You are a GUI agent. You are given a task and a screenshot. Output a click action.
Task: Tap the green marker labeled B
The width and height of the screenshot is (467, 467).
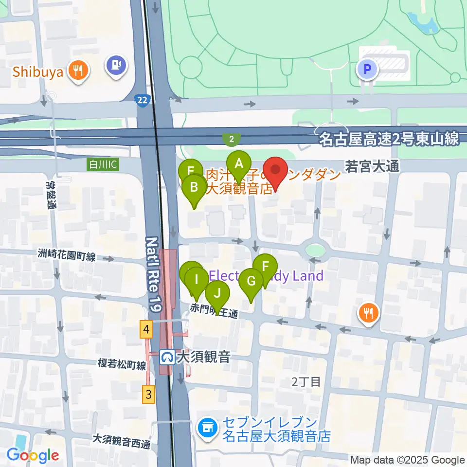(194, 188)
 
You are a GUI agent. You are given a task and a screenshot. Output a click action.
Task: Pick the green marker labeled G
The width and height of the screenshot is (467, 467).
(251, 282)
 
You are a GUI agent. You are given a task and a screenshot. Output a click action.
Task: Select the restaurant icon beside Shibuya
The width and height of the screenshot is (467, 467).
(77, 71)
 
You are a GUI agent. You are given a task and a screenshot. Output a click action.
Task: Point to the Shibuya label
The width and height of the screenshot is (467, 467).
(38, 72)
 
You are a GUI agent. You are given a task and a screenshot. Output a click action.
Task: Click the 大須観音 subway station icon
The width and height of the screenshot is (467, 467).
(167, 358)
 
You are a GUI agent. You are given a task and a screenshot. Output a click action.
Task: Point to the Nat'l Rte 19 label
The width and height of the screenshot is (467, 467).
(154, 275)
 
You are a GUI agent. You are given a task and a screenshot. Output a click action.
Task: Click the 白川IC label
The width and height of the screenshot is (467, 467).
(102, 165)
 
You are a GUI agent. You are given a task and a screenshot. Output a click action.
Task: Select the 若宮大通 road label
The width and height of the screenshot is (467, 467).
(372, 166)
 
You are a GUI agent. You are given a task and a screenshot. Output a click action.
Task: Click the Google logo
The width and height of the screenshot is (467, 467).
(33, 455)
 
